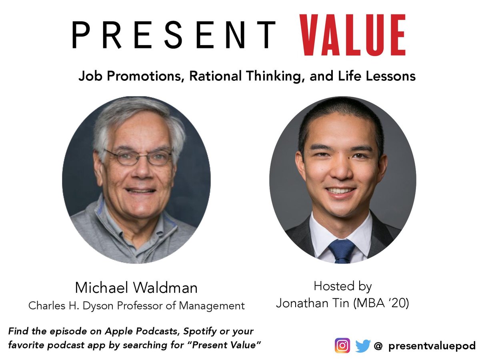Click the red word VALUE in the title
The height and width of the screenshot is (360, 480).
point(354,35)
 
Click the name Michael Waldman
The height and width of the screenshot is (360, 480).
point(136,288)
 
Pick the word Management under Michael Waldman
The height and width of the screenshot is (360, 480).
point(212,306)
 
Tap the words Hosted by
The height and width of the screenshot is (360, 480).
point(342,286)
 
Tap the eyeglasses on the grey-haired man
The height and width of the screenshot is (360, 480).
point(138,157)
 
